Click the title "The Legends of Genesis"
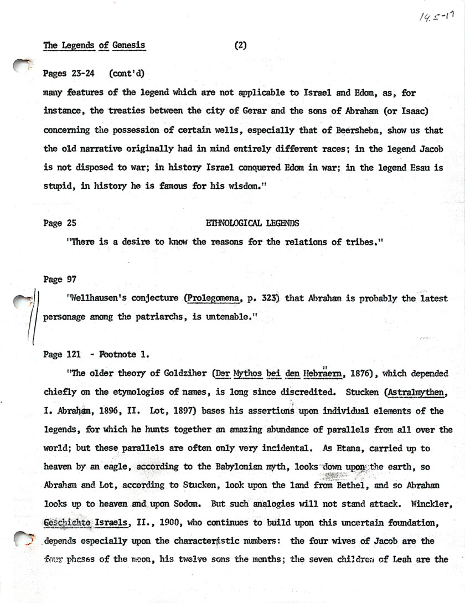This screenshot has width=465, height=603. (95, 47)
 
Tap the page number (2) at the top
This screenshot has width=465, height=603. (240, 47)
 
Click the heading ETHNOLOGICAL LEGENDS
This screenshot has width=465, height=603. (252, 223)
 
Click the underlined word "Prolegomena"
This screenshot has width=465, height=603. (214, 300)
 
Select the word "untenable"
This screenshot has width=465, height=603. (231, 318)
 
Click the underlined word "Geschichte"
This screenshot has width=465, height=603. (66, 523)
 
